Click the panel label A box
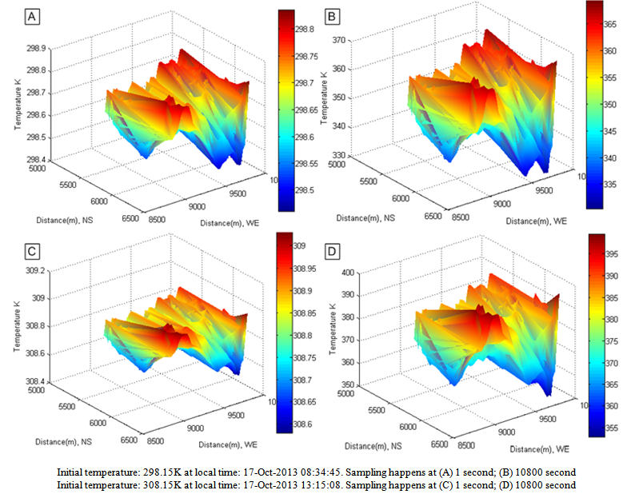31,16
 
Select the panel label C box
32,251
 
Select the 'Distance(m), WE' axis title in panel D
539,449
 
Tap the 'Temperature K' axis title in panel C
17,329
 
